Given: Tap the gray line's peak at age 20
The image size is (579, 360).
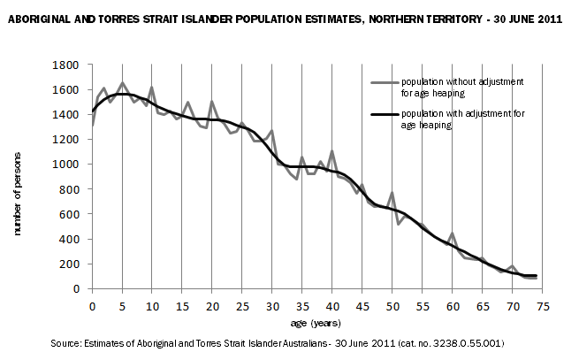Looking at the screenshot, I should click(212, 102).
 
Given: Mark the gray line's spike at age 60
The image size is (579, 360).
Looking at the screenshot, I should click(452, 234).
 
